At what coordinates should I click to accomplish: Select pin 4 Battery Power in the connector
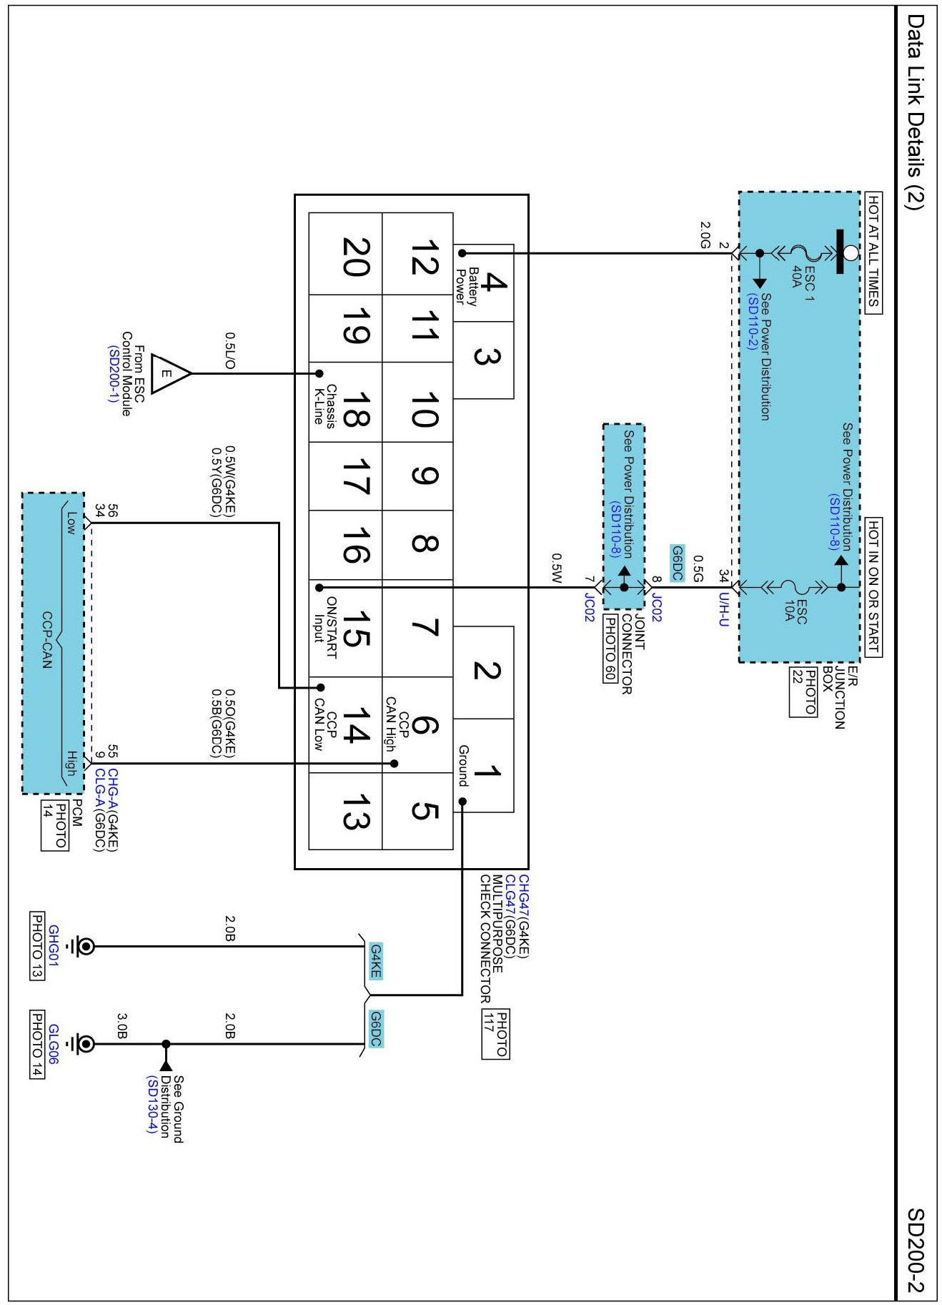(483, 283)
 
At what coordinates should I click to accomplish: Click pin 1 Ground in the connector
(483, 766)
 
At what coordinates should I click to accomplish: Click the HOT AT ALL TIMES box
(873, 253)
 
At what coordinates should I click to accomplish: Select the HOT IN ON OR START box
(873, 587)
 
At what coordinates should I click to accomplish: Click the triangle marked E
(171, 373)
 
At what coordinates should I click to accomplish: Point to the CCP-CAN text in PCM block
(47, 640)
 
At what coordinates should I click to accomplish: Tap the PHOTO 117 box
(495, 1034)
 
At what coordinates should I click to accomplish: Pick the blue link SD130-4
(152, 1105)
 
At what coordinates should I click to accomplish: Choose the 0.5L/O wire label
(230, 350)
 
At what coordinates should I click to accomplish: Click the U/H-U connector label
(724, 610)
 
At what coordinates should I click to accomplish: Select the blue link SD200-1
(113, 374)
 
